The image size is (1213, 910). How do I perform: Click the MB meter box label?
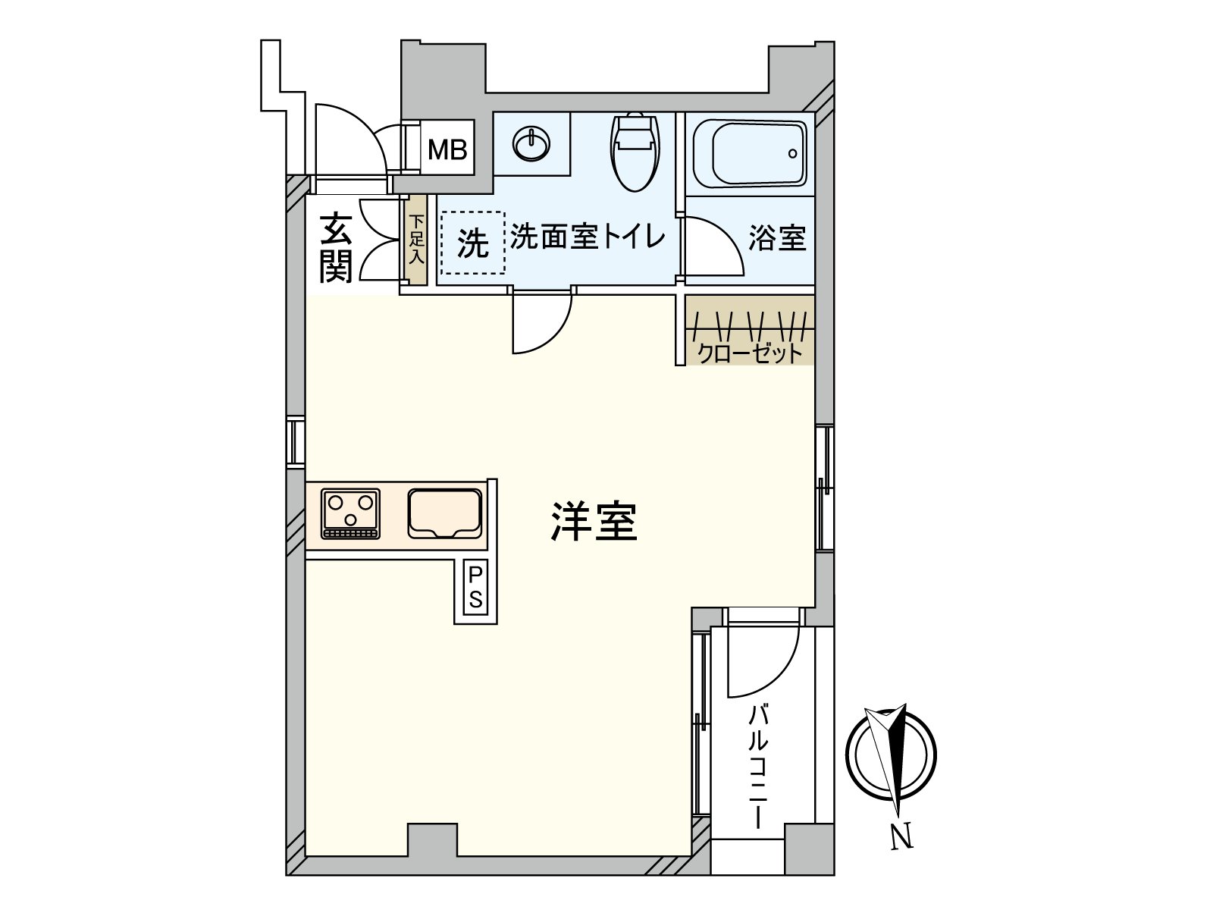click(447, 150)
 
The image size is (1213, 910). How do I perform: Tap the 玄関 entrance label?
click(335, 248)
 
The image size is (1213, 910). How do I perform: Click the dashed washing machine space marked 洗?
click(473, 243)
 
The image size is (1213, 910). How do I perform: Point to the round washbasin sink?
click(531, 143)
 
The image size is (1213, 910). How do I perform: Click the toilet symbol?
click(635, 151)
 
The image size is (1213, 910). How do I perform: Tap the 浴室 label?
click(776, 238)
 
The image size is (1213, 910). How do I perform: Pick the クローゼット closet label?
click(749, 353)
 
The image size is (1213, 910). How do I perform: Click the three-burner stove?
click(351, 513)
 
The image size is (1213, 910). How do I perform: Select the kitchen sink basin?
click(445, 513)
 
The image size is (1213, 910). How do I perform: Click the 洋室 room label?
click(594, 522)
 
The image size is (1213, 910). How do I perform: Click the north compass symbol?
click(891, 755)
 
